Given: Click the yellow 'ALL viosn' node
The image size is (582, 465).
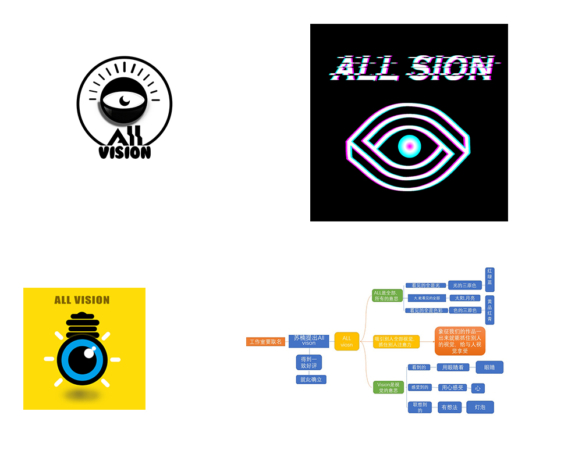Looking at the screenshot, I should point(347,341).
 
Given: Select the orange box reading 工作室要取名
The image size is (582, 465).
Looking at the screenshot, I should point(265,342).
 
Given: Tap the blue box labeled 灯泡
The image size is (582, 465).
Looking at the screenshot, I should point(480,407).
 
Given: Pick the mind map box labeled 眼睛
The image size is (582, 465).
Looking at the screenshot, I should point(489,367).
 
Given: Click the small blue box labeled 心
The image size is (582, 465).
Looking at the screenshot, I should point(478,388).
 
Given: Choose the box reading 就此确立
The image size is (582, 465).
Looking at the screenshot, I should point(311,380).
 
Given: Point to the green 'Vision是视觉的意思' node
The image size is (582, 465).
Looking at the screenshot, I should point(388,387).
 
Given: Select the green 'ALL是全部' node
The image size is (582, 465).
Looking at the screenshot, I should point(386,295).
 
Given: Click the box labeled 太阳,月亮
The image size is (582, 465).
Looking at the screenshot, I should point(464,298).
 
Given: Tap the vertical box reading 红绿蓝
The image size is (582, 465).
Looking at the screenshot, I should point(489,280).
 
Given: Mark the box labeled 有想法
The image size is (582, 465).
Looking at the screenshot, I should point(449,407).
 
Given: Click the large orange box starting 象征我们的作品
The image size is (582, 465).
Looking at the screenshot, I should point(460,341).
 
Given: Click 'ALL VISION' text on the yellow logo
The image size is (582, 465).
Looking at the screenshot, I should point(82,300).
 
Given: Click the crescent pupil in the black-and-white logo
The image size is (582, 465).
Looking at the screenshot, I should point(125,101).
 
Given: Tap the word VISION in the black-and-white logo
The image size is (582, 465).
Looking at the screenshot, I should point(125,152).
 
